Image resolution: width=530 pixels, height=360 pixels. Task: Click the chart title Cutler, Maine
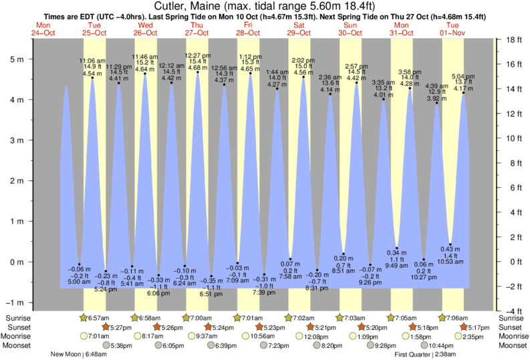[265, 6]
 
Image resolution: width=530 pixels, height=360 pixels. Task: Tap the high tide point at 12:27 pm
[198, 72]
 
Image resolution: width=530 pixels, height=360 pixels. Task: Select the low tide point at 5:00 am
[79, 264]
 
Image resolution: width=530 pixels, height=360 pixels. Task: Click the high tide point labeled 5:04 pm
[463, 93]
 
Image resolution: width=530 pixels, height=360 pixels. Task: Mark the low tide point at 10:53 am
[450, 244]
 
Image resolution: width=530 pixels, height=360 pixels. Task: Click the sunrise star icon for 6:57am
[83, 318]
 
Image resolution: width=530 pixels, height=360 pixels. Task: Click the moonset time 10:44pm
[441, 345]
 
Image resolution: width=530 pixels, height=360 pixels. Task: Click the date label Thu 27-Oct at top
[197, 28]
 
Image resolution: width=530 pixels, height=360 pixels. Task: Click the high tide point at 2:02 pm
[303, 77]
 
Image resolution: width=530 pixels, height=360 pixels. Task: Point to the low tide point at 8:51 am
[344, 254]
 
